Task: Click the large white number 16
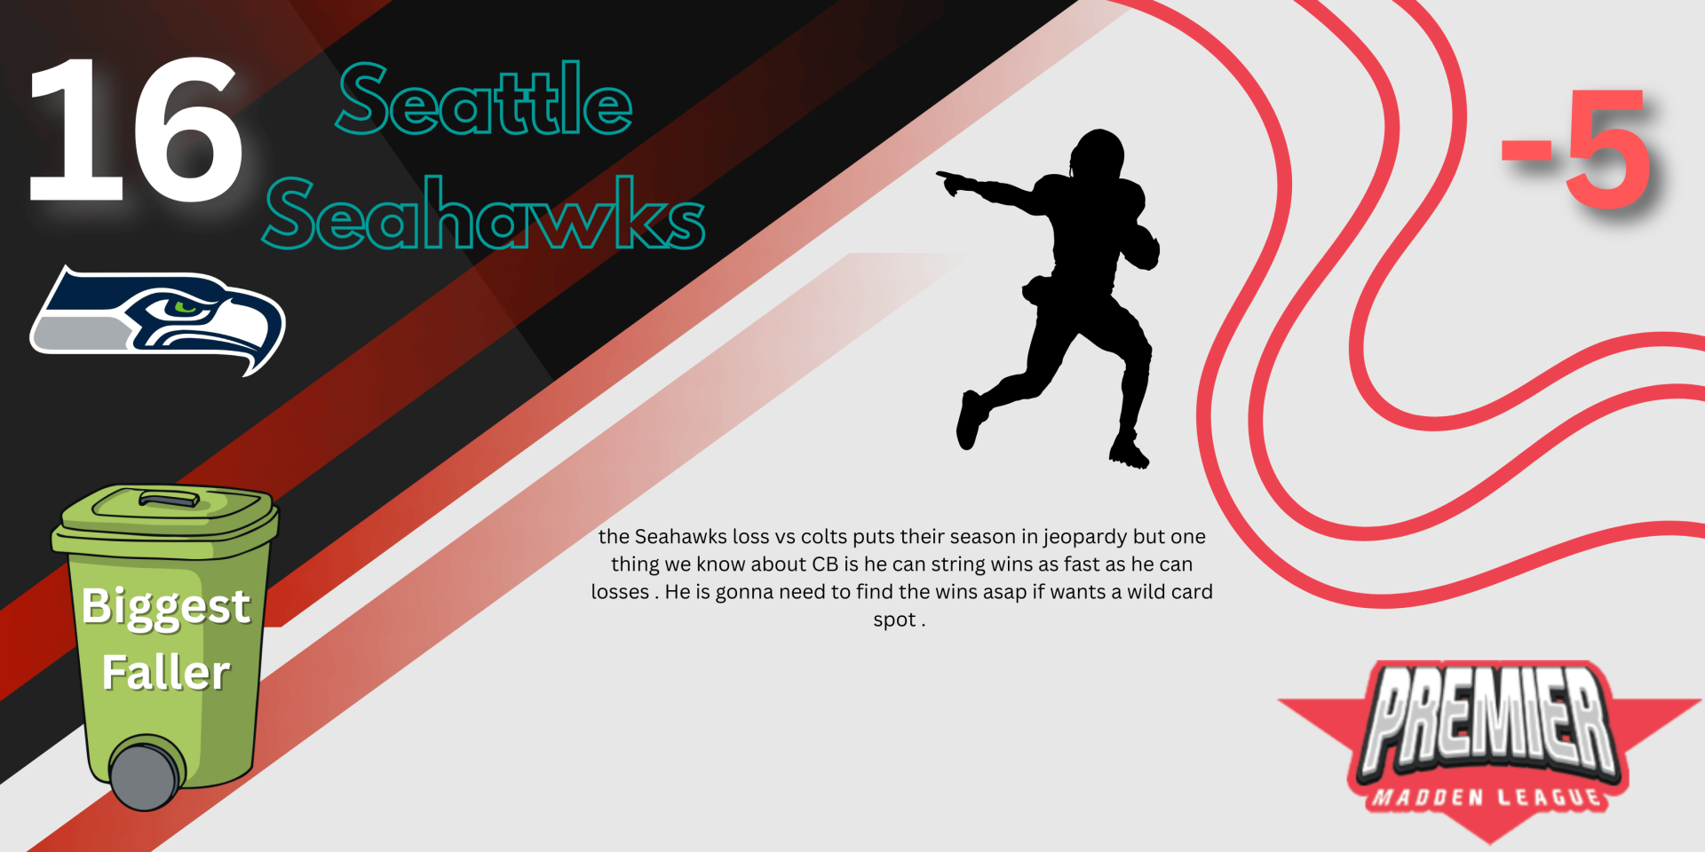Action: pyautogui.click(x=135, y=130)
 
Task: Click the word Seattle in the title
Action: pyautogui.click(x=485, y=99)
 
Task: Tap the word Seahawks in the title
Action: pyautogui.click(x=485, y=213)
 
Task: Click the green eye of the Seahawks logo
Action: pyautogui.click(x=186, y=307)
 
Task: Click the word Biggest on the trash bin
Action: pyautogui.click(x=166, y=608)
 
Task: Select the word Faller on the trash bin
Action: pyautogui.click(x=166, y=672)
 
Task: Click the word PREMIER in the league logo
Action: pyautogui.click(x=1489, y=719)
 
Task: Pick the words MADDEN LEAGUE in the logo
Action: pyautogui.click(x=1488, y=797)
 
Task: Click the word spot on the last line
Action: pyautogui.click(x=894, y=619)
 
